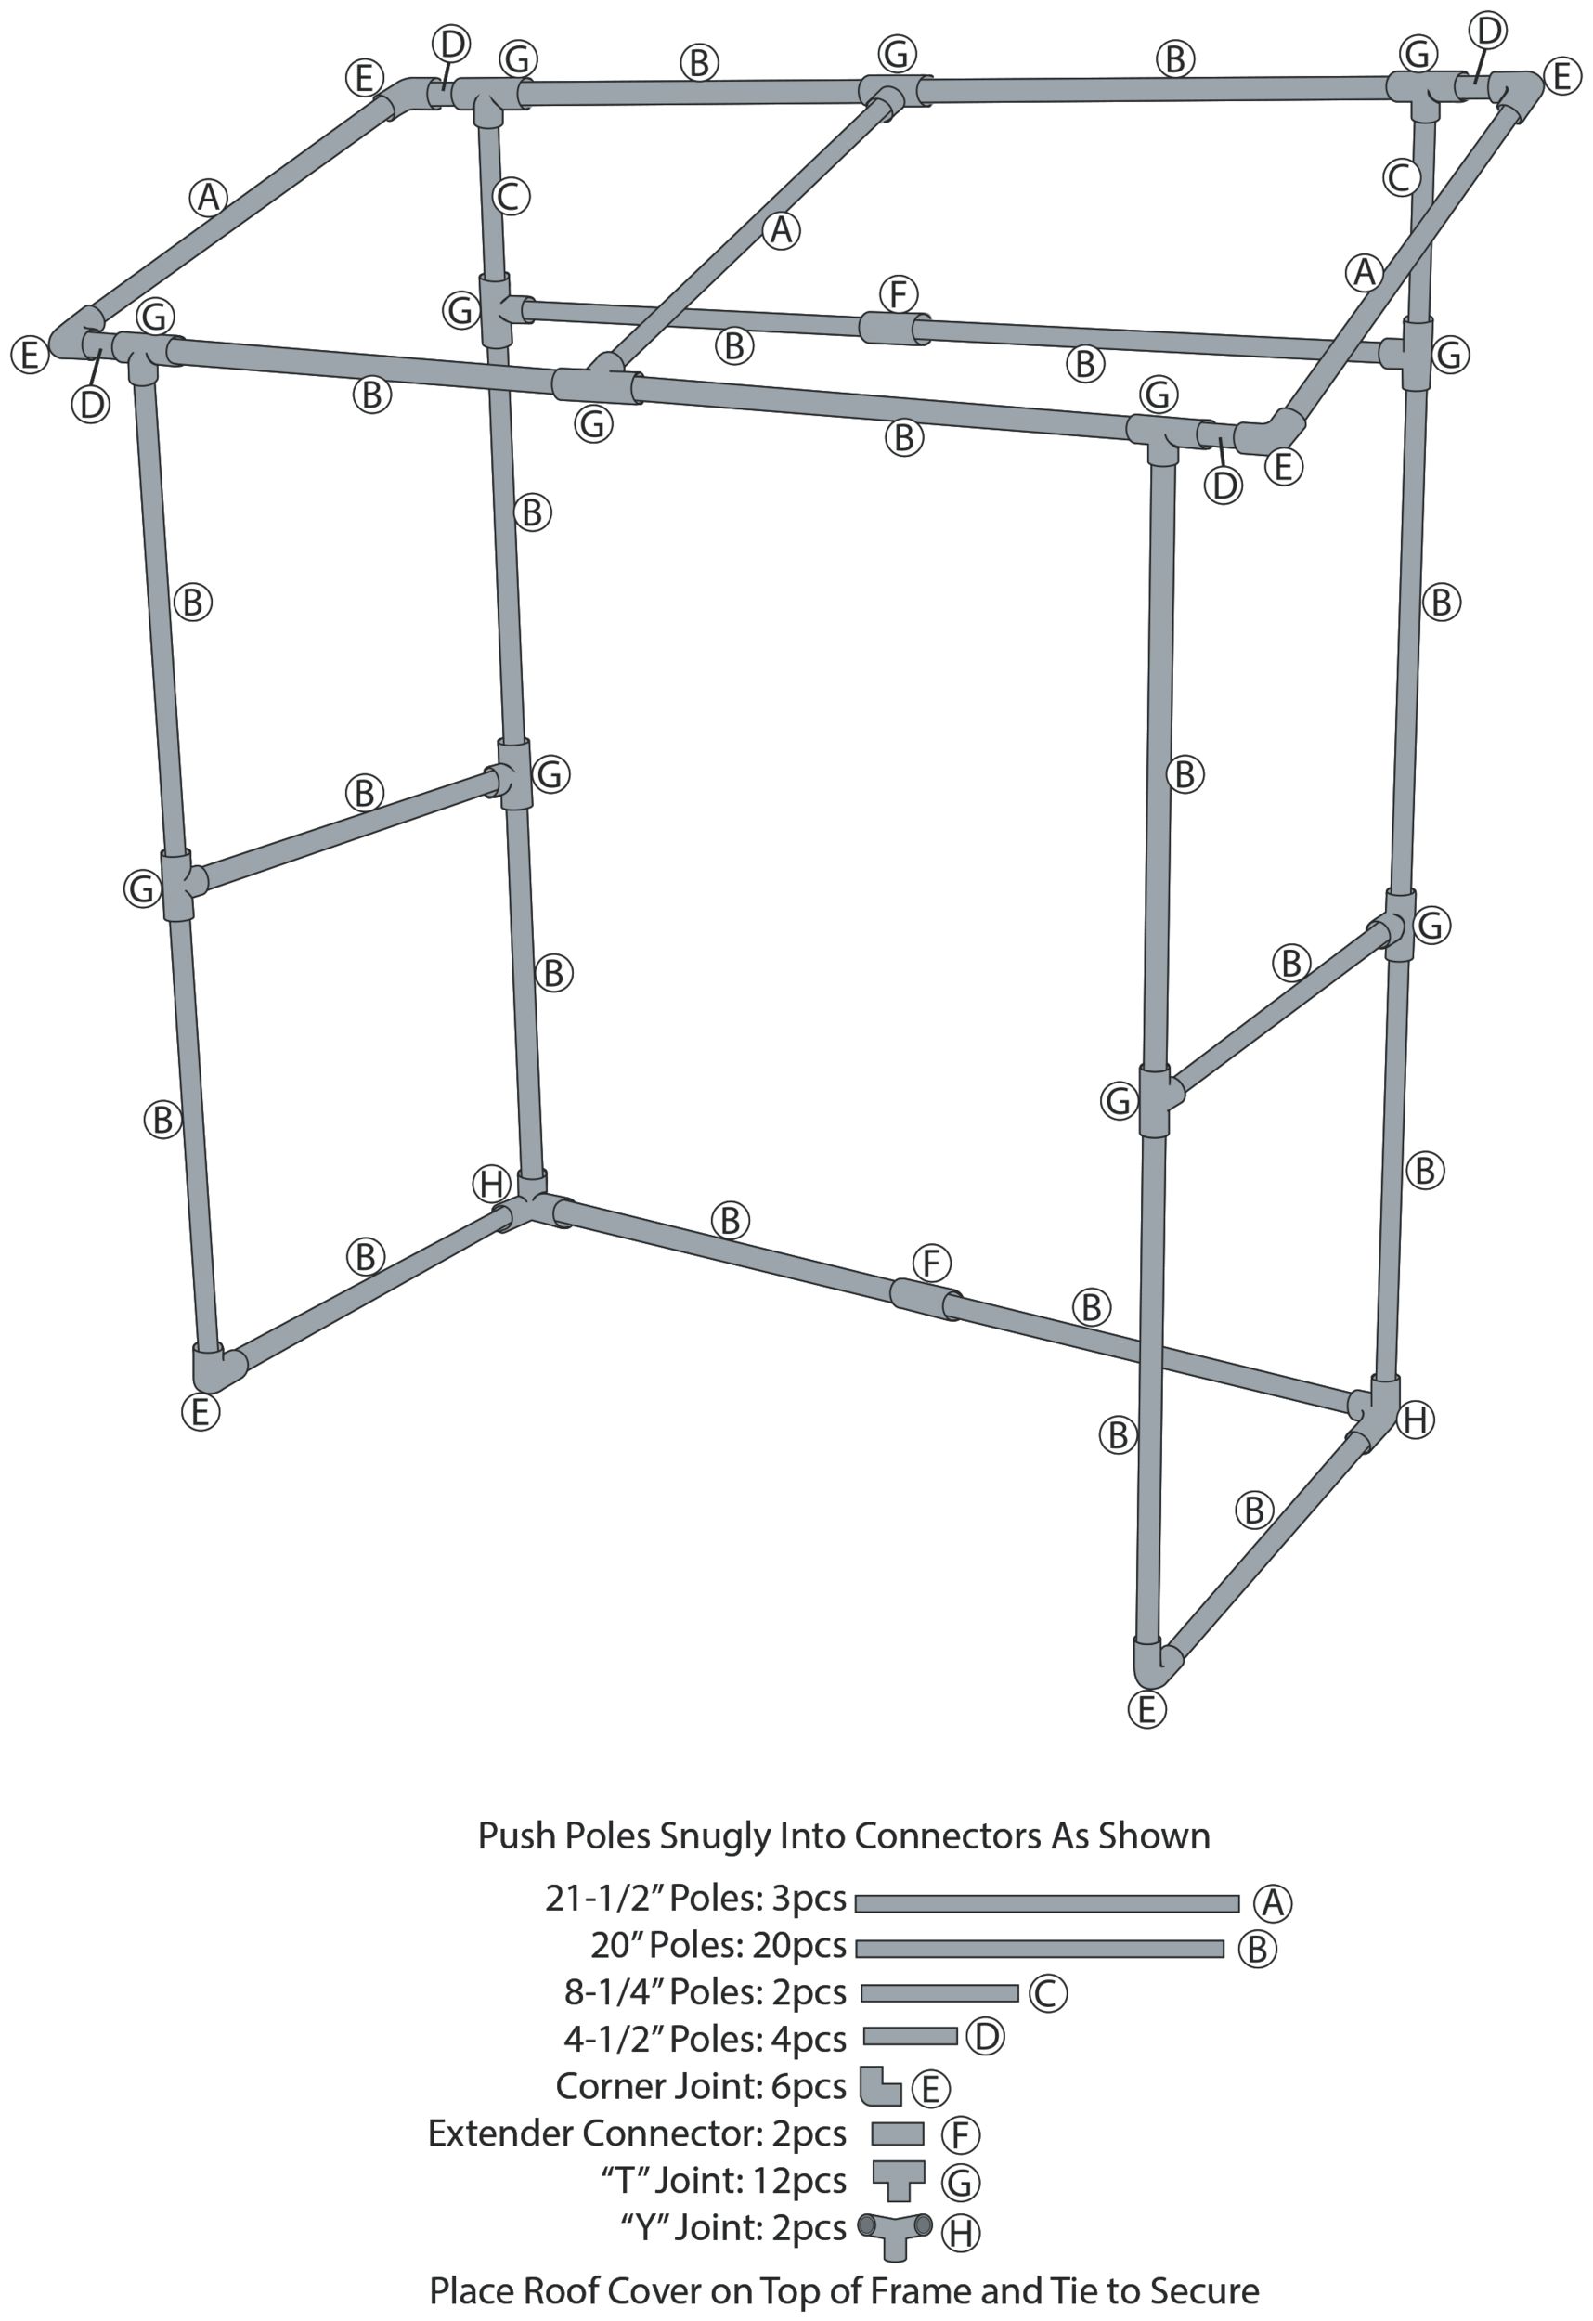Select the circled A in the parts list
tap(1272, 1902)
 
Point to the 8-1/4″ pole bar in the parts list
tap(939, 1993)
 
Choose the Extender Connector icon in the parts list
tap(897, 2133)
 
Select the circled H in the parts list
tap(961, 2232)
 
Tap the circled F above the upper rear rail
tap(899, 294)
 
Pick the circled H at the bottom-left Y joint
tap(491, 1185)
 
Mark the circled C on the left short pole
tap(511, 196)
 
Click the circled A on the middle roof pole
tap(780, 230)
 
